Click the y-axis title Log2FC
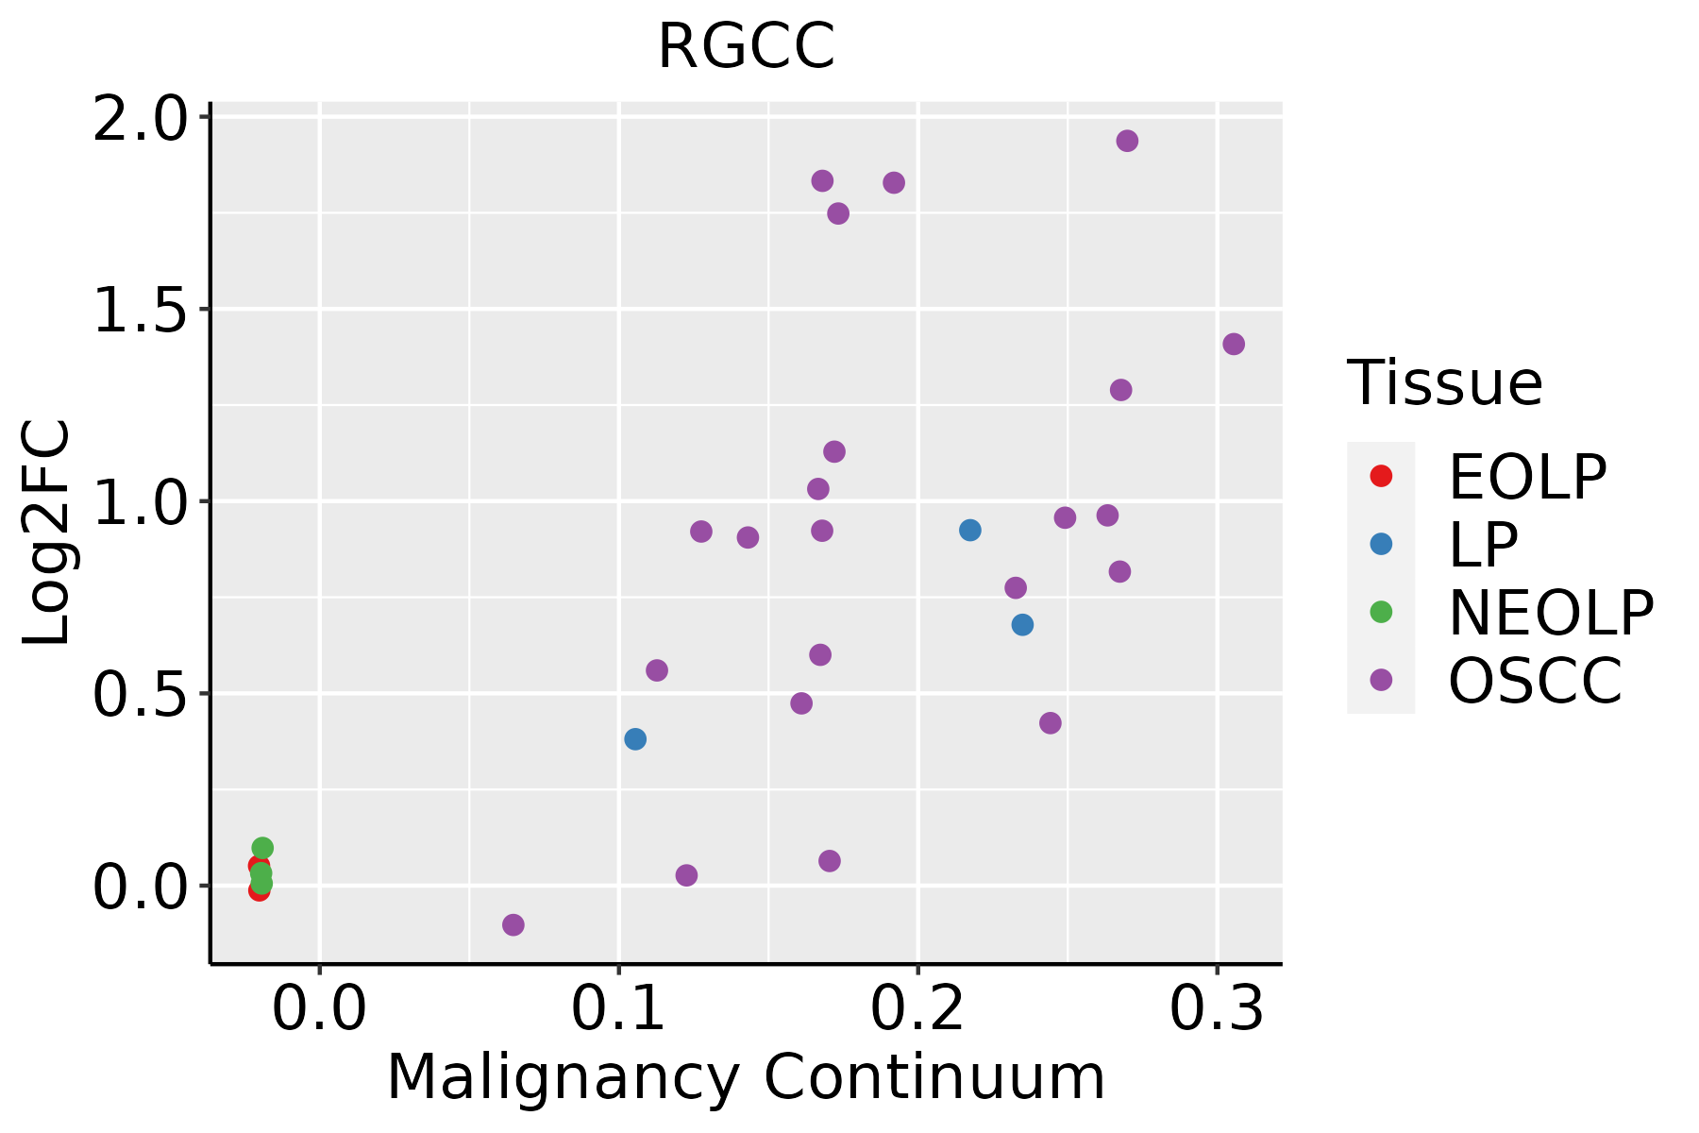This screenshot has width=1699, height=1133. (x=47, y=533)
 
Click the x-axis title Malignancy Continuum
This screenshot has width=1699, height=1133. (x=746, y=1077)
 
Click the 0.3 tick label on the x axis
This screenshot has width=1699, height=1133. (x=1217, y=1009)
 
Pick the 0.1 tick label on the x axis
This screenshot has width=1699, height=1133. (x=618, y=1009)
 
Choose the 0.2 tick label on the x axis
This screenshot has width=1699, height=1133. (x=917, y=1009)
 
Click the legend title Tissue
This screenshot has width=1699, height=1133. (x=1444, y=383)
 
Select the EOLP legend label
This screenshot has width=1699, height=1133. (x=1527, y=477)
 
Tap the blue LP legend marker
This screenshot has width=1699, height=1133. (x=1381, y=544)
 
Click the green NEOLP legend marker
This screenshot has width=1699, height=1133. (x=1381, y=612)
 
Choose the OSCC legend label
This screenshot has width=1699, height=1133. (x=1535, y=681)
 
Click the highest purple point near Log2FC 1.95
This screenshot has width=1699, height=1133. (x=1127, y=141)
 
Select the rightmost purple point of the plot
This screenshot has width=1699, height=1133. (x=1234, y=344)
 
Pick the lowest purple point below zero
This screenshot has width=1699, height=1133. (x=513, y=924)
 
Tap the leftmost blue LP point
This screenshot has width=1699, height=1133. (x=635, y=738)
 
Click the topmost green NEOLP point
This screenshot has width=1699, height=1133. (x=262, y=848)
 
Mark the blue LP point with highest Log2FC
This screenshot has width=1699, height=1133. (x=970, y=531)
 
